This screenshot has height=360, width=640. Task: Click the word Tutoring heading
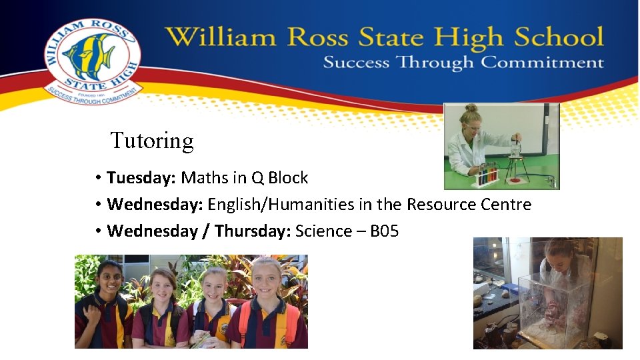pyautogui.click(x=152, y=141)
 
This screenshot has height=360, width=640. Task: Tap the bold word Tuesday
pyautogui.click(x=141, y=178)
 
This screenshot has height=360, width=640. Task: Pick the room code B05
pyautogui.click(x=384, y=231)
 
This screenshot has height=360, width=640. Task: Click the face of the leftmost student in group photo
pyautogui.click(x=110, y=276)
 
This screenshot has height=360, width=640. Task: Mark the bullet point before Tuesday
pyautogui.click(x=97, y=178)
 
